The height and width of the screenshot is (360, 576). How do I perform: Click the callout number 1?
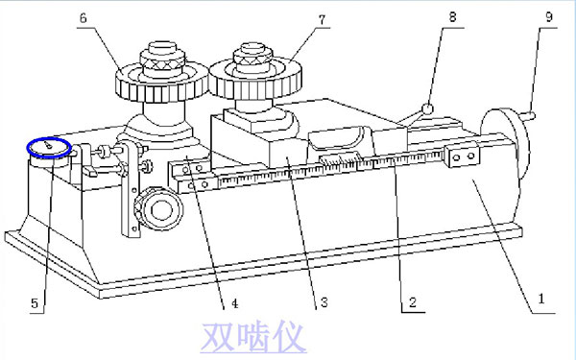pos(541,300)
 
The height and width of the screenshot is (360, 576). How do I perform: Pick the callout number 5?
pos(36,302)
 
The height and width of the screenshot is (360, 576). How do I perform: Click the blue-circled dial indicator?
pos(48,147)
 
